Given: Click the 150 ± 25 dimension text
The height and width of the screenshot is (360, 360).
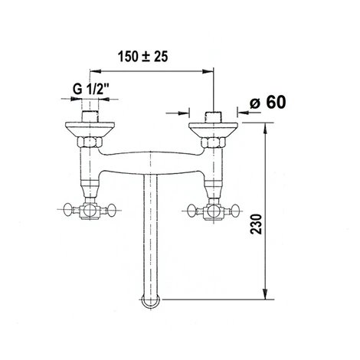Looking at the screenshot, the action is tap(143, 57).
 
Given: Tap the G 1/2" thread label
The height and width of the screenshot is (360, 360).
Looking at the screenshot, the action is tap(91, 89).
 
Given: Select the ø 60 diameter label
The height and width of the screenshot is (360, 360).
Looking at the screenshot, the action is tap(268, 103).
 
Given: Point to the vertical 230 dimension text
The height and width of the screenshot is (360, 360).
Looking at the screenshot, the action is tap(257, 224).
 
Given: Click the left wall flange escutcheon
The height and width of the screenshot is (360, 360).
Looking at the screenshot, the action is tap(90, 129).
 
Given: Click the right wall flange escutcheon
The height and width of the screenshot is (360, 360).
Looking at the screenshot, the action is tap(213, 129).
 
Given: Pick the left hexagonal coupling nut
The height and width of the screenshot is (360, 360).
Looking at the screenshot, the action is tap(90, 142).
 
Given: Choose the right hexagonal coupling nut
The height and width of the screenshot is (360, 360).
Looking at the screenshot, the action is tap(214, 142).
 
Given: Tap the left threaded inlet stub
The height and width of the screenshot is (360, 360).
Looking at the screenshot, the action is tap(90, 116).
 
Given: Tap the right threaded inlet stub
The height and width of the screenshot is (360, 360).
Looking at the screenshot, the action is tap(214, 116).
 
